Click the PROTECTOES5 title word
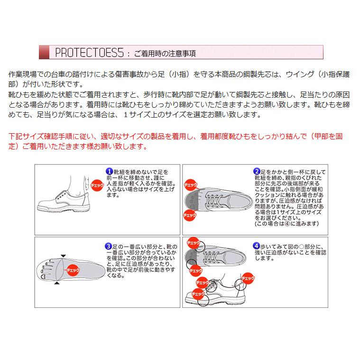tap(89, 52)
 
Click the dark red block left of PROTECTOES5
tap(44, 52)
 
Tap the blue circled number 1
tap(109, 171)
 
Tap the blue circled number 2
tap(257, 171)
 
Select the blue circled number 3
tap(109, 246)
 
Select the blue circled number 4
tap(257, 246)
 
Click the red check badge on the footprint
tap(73, 269)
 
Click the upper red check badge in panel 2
tap(191, 185)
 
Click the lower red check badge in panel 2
tap(190, 215)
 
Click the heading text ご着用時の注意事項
tap(165, 53)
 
